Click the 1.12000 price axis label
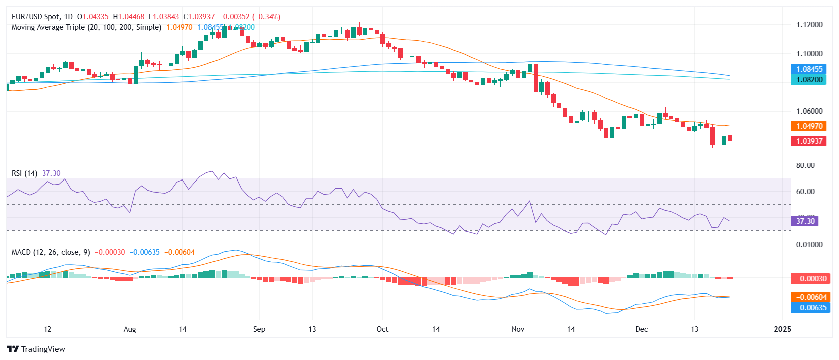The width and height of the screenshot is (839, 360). pos(809,25)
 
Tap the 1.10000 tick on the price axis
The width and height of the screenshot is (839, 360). pos(809,54)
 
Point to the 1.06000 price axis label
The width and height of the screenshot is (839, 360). pos(809,111)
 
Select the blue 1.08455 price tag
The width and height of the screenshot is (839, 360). pos(809,69)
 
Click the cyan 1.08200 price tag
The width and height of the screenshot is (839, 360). pos(809,80)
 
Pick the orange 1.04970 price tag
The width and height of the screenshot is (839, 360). pos(809,126)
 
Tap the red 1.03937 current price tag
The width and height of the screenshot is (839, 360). pos(809,141)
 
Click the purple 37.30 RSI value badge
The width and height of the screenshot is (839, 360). pos(805,221)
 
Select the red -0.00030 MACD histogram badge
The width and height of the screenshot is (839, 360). pos(809,279)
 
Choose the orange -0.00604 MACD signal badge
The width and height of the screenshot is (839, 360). pos(809,297)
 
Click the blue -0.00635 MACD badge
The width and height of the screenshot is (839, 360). pos(809,308)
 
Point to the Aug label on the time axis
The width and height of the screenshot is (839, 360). pos(130,329)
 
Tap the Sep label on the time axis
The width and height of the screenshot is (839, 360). pos(259,329)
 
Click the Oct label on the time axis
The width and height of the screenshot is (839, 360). pos(382,329)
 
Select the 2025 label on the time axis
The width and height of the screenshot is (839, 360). pos(782,329)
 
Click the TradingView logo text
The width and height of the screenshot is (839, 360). pos(43,349)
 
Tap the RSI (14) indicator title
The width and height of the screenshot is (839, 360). pos(24,173)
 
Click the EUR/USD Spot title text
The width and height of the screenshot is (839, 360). pos(35,17)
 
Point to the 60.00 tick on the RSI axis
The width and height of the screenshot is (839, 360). pos(805,192)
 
